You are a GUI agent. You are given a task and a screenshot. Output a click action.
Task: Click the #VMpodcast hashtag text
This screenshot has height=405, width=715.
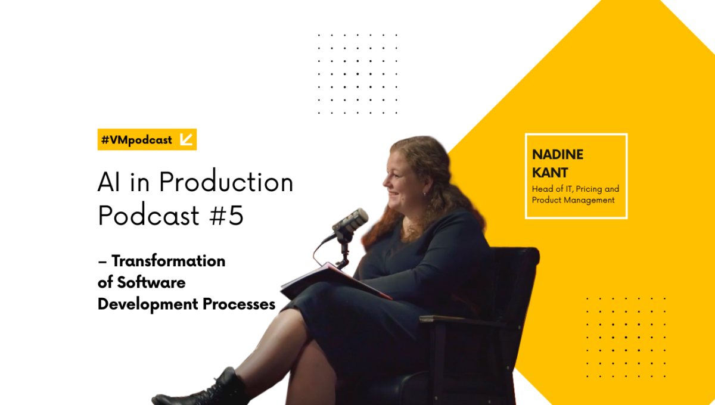[136, 140]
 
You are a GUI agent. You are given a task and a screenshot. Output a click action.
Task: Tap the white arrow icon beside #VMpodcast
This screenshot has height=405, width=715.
[186, 139]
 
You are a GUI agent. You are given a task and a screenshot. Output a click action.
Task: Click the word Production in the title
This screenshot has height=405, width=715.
[226, 182]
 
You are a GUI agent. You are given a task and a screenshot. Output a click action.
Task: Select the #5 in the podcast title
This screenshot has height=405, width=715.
[226, 216]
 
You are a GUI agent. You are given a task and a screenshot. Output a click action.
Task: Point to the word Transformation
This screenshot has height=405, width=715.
[168, 261]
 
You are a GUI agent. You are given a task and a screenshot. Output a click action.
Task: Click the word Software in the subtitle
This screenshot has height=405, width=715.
[151, 282]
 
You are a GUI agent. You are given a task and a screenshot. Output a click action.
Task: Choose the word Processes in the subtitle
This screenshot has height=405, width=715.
[239, 304]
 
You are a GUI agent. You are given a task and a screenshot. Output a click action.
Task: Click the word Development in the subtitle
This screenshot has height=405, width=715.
[148, 304]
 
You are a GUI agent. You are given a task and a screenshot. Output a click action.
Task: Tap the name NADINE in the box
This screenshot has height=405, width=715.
[558, 154]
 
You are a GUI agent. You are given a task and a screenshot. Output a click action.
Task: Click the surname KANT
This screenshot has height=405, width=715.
[550, 173]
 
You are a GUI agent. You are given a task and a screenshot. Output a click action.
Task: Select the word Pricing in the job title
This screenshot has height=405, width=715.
[589, 189]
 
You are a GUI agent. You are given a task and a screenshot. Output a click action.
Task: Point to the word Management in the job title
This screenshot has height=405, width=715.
[589, 201]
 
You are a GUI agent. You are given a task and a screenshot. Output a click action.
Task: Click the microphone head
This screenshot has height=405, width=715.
[350, 220]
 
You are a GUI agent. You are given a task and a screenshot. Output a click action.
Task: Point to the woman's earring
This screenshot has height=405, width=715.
[425, 194]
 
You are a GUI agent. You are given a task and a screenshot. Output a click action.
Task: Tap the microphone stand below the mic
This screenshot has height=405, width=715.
[344, 252]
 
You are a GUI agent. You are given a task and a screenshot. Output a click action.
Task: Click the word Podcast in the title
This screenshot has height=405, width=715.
[149, 215]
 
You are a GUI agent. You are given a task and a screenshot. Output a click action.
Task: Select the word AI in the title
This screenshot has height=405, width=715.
[109, 182]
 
